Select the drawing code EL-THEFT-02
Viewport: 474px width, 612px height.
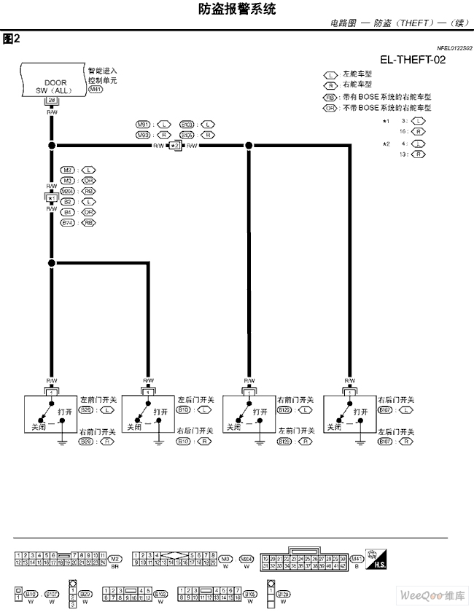click(x=412, y=60)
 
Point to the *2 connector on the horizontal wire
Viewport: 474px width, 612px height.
click(x=175, y=146)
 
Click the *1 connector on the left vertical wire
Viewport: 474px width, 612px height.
click(x=51, y=198)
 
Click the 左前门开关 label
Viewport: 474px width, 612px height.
click(x=97, y=400)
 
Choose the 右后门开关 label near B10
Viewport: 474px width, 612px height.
click(x=196, y=431)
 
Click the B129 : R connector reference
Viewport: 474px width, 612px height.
click(x=293, y=442)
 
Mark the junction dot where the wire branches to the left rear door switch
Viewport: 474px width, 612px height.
click(x=51, y=263)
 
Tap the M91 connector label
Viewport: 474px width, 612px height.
click(x=144, y=124)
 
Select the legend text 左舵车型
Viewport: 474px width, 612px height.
click(x=357, y=74)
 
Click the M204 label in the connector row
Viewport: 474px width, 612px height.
click(x=246, y=558)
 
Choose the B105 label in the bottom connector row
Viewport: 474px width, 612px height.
click(x=249, y=593)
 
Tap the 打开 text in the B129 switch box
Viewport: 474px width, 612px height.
click(x=260, y=412)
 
